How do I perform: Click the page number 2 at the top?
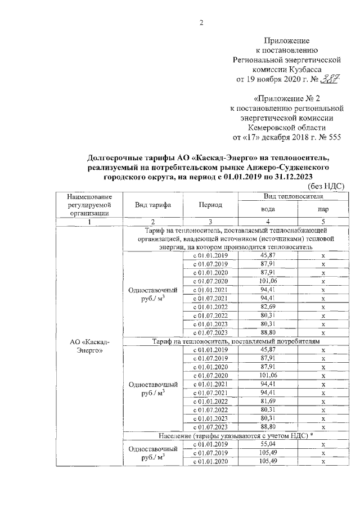point(201,22)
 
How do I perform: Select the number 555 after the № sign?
point(332,137)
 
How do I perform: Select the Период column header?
point(210,206)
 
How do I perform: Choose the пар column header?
point(323,209)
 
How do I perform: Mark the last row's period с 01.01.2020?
point(210,461)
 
